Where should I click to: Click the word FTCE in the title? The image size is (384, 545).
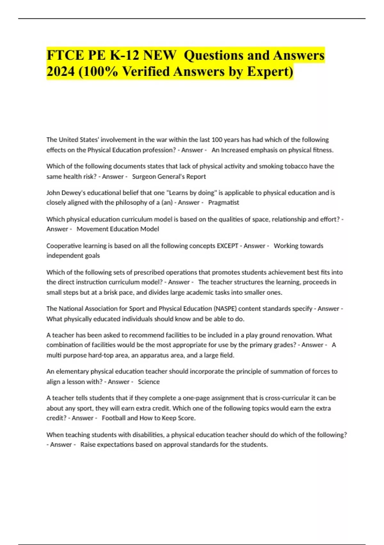65,55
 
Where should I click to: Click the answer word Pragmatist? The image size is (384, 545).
223,203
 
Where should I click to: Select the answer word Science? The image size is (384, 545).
149,382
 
